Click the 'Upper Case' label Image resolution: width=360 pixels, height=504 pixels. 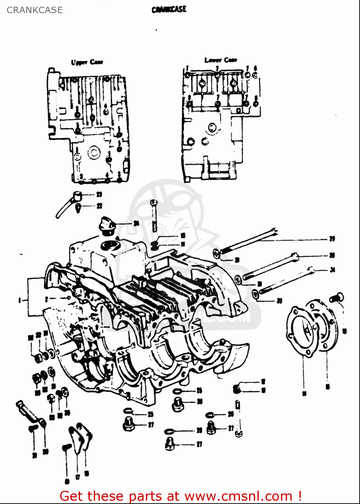tap(87, 62)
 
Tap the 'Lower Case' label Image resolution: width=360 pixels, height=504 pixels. tap(221, 60)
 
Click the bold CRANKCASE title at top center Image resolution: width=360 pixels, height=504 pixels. tap(169, 9)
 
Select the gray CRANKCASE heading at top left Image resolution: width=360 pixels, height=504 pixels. tap(35, 10)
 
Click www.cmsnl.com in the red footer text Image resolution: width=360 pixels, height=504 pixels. tap(238, 496)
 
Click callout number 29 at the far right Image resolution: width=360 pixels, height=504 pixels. tap(332, 239)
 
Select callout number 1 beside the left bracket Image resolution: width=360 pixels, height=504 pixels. tap(20, 300)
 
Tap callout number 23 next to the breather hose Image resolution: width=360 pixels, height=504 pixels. tap(99, 195)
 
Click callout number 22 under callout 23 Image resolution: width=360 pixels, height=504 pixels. tap(99, 206)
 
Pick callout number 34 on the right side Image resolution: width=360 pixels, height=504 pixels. tap(332, 270)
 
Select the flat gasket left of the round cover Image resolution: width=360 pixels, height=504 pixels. tap(299, 331)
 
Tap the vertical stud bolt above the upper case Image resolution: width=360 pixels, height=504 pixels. tap(154, 215)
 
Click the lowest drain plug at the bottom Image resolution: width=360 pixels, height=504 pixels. tap(170, 444)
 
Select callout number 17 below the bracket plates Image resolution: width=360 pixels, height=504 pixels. tap(78, 477)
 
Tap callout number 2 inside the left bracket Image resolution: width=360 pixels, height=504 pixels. tap(47, 298)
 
